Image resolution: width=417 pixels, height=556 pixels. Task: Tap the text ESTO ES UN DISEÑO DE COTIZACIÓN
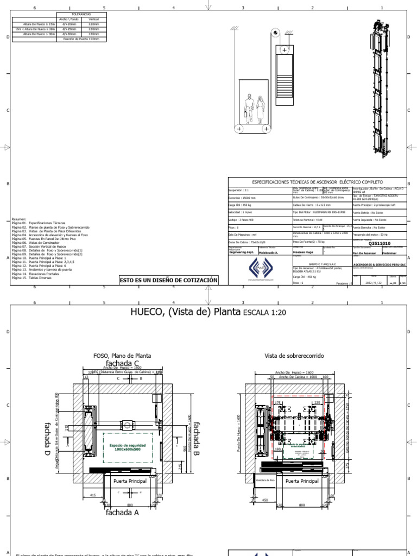pyautogui.click(x=169, y=280)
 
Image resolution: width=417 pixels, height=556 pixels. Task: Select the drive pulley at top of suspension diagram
pyautogui.click(x=276, y=33)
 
